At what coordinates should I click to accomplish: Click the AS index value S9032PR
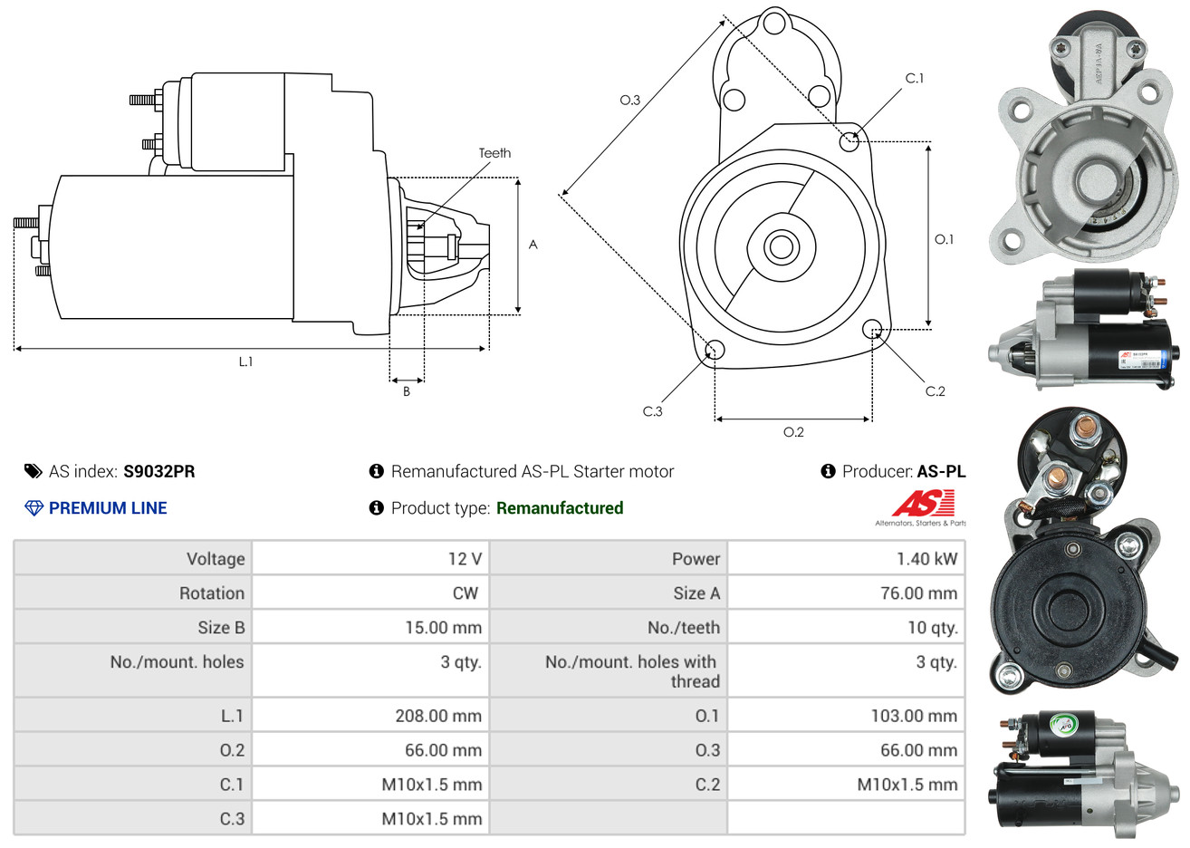click(x=158, y=471)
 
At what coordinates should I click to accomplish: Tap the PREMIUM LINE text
click(x=108, y=508)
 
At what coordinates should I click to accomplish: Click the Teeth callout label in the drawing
click(x=494, y=153)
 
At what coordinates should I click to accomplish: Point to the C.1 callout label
click(x=915, y=78)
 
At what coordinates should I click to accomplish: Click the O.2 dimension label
click(x=793, y=432)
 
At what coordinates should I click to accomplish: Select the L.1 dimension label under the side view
click(x=245, y=361)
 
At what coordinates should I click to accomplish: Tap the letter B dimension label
click(x=407, y=391)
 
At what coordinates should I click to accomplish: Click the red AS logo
click(x=924, y=504)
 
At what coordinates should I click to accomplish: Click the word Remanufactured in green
click(x=560, y=508)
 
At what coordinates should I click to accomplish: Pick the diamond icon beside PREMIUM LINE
click(x=34, y=508)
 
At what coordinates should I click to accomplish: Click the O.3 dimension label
click(x=630, y=100)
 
